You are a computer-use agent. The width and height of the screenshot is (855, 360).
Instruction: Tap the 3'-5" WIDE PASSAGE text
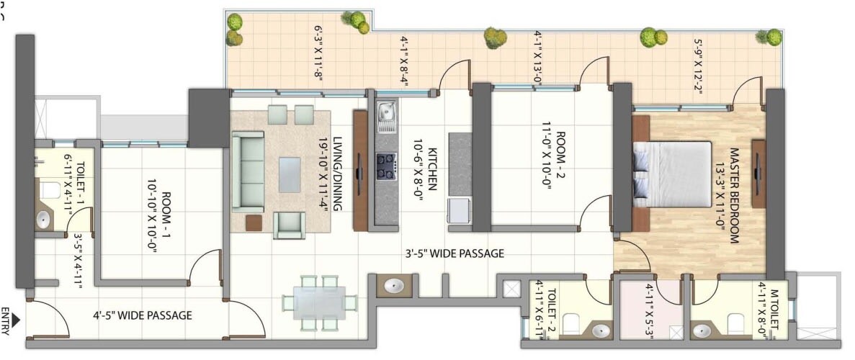[x=453, y=253]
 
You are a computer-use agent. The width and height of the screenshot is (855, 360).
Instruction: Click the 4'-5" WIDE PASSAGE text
[x=143, y=315]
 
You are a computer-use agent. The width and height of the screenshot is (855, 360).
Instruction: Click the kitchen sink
[x=386, y=115]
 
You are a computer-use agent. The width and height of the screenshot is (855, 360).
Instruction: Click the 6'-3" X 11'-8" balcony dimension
[x=318, y=55]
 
